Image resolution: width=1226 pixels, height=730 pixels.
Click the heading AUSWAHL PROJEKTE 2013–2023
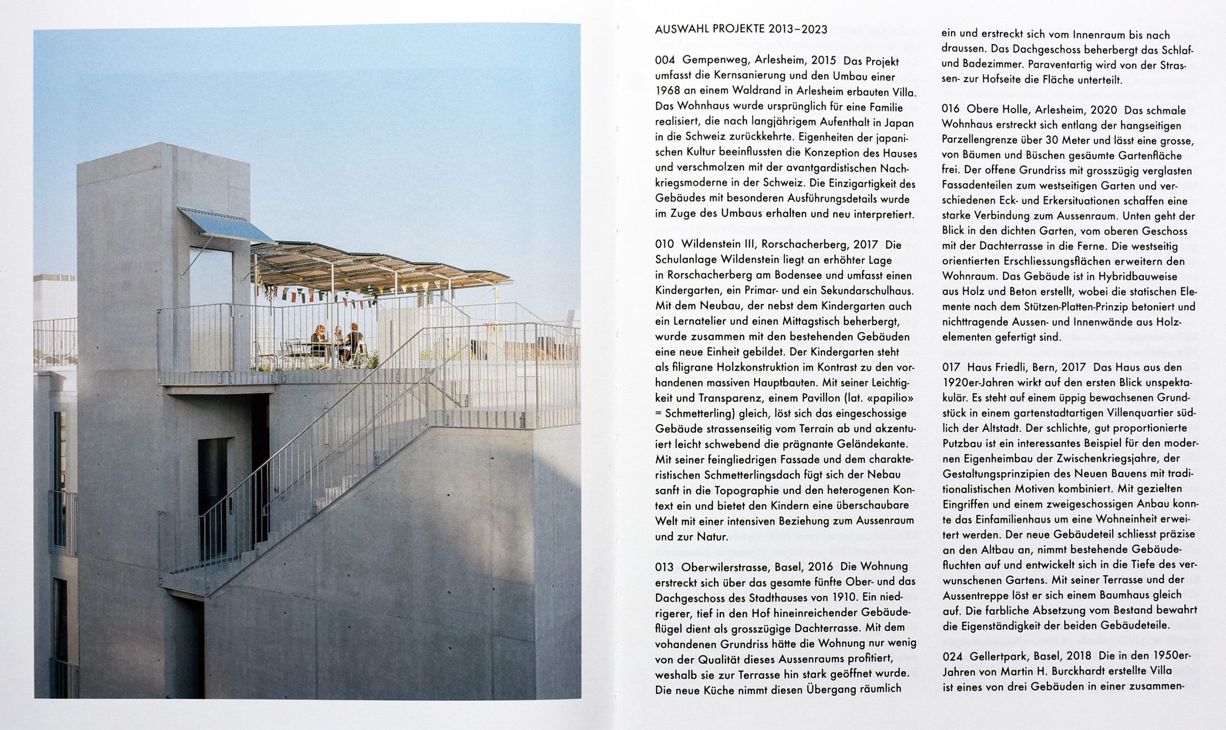tap(741, 29)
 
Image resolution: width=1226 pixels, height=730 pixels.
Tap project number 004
tap(665, 61)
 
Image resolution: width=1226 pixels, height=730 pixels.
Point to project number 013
tap(665, 567)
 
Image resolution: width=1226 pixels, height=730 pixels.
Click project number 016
tap(951, 110)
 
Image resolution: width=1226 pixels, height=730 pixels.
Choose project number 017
tap(951, 367)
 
